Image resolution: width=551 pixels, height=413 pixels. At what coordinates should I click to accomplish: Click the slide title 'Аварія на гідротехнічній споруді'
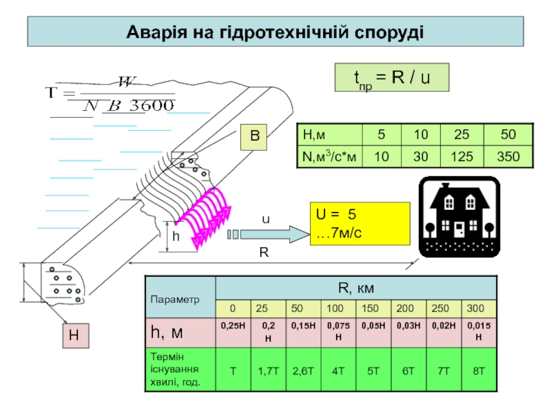[x=275, y=32]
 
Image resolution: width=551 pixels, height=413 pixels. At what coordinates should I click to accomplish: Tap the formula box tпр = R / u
[x=391, y=78]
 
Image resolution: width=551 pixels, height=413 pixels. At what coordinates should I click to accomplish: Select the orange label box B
[x=254, y=138]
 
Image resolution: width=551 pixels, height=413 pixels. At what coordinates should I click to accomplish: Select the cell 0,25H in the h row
[x=232, y=325]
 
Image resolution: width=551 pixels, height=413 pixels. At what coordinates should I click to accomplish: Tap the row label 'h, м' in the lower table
[x=168, y=332]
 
